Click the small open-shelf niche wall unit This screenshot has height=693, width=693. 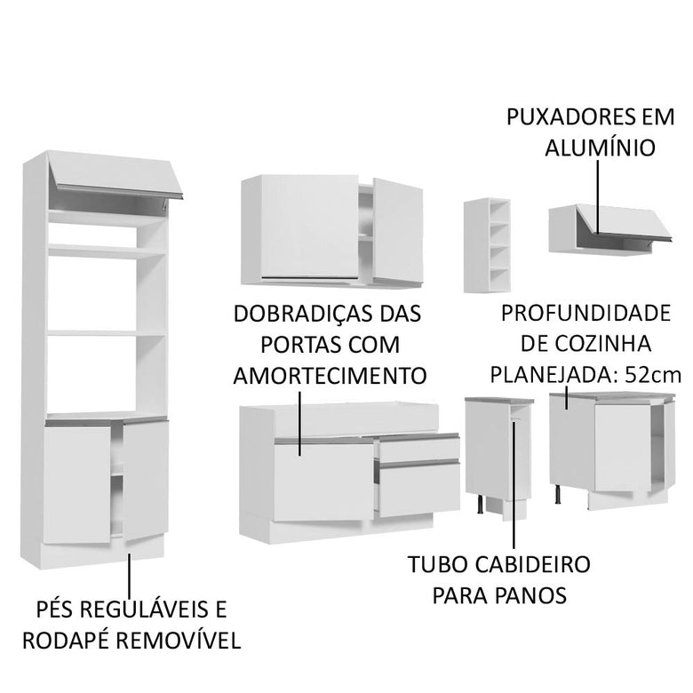point(487,244)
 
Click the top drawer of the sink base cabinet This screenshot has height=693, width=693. point(417,448)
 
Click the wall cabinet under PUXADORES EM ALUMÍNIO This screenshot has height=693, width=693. point(600,227)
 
